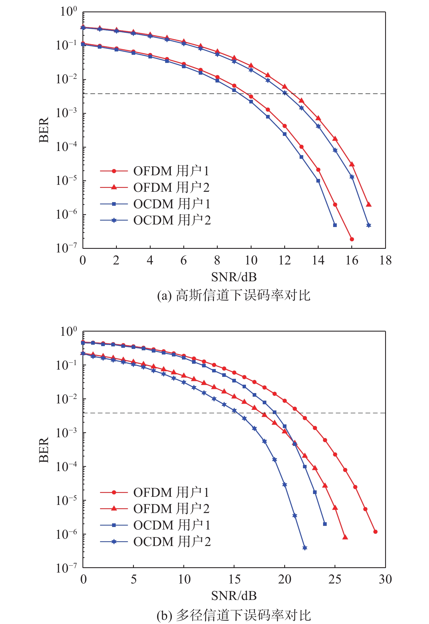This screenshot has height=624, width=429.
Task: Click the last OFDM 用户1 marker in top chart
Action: pyautogui.click(x=352, y=239)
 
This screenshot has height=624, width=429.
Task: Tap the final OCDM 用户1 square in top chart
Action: pyautogui.click(x=335, y=225)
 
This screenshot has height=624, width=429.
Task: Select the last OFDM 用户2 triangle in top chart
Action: pyautogui.click(x=369, y=204)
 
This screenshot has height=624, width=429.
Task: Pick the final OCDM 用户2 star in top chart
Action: pyautogui.click(x=369, y=225)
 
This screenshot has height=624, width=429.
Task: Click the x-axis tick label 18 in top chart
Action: pyautogui.click(x=385, y=261)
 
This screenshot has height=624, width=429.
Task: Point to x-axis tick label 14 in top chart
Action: pyautogui.click(x=318, y=261)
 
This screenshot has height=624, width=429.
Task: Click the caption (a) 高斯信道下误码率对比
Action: pyautogui.click(x=234, y=296)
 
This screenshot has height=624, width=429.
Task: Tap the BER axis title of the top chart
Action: pyautogui.click(x=44, y=130)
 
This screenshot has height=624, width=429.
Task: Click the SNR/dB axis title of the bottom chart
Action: pyautogui.click(x=234, y=596)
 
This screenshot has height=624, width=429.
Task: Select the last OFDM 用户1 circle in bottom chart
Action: pyautogui.click(x=375, y=532)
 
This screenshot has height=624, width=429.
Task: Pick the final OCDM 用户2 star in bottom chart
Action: pyautogui.click(x=305, y=548)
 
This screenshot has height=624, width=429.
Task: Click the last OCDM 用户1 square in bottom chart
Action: pyautogui.click(x=325, y=524)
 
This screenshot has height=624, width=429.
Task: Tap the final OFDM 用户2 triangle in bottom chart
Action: pyautogui.click(x=345, y=537)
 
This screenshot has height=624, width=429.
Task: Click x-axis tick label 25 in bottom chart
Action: pyautogui.click(x=335, y=580)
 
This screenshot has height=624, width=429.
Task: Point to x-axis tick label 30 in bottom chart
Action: pyautogui.click(x=385, y=580)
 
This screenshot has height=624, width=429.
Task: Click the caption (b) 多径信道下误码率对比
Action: pyautogui.click(x=234, y=615)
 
